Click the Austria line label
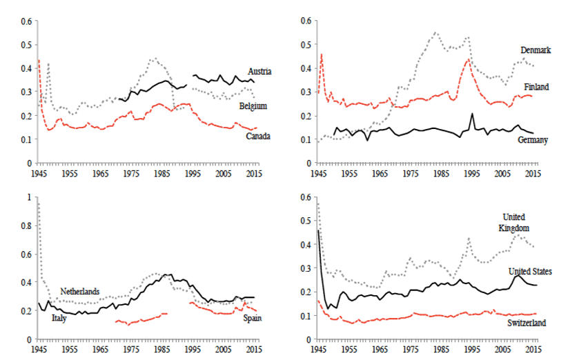point(259,71)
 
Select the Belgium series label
point(253,106)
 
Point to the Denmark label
point(535,50)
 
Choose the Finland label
point(535,87)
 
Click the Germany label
point(532,140)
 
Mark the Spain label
point(252,318)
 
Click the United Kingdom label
point(513,221)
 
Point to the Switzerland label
point(527,323)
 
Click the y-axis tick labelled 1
point(29,197)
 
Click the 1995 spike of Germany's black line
point(472,114)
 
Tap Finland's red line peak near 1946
point(321,54)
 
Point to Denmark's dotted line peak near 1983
point(435,32)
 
